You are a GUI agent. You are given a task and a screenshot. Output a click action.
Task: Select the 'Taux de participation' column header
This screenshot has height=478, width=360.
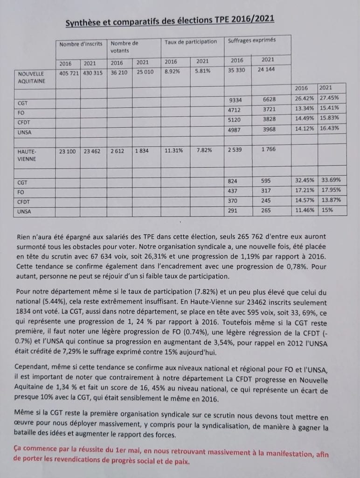(191, 42)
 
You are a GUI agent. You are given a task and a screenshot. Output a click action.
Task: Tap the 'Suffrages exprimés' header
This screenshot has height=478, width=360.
(251, 41)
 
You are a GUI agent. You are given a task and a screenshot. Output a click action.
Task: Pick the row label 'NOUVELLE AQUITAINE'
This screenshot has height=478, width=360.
(31, 77)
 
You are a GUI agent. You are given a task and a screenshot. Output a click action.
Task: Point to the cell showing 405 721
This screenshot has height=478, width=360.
(69, 73)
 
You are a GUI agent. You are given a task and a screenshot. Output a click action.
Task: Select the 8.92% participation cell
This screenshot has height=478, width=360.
(174, 73)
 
